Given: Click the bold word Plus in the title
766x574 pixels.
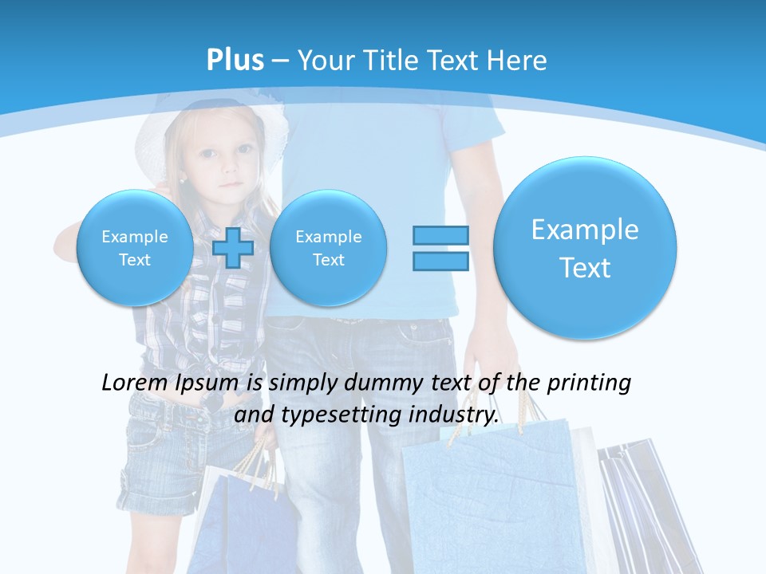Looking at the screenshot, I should pyautogui.click(x=235, y=61).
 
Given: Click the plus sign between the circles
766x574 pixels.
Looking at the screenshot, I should pyautogui.click(x=233, y=248).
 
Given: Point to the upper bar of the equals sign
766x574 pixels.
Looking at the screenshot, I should pyautogui.click(x=440, y=235).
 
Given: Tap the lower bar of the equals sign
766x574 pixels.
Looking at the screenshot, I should pyautogui.click(x=440, y=261).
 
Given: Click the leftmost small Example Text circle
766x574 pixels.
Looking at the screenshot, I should pyautogui.click(x=134, y=248).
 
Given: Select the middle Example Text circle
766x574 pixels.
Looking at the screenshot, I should pyautogui.click(x=328, y=248).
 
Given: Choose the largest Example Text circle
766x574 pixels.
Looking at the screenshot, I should pyautogui.click(x=585, y=248).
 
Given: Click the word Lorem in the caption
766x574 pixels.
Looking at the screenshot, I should pyautogui.click(x=134, y=383).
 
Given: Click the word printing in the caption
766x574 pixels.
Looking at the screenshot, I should pyautogui.click(x=591, y=383).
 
